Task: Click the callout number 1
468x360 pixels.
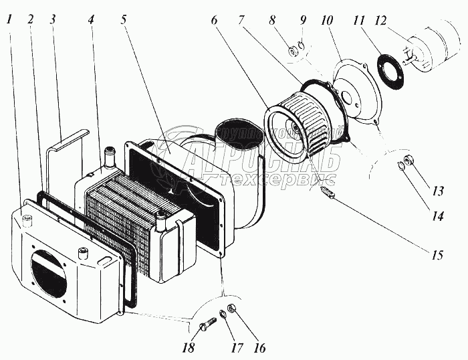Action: (x=9, y=19)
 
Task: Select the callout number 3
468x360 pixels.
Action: (x=52, y=19)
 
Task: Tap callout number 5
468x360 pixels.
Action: (x=124, y=19)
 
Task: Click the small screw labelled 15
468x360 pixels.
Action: (x=329, y=195)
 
